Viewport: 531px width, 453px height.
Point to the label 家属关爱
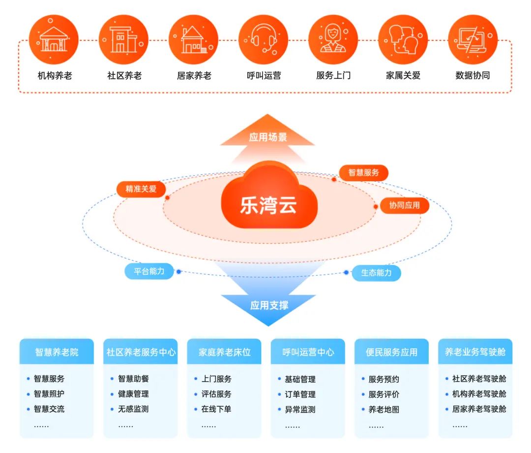pos(403,76)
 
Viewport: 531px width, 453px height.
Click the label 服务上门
pos(333,76)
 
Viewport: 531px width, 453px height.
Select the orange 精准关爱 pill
pos(141,189)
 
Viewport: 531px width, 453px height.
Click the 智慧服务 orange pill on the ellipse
pos(364,173)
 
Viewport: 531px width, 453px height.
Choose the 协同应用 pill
pos(405,205)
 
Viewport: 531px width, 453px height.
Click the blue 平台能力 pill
pos(149,271)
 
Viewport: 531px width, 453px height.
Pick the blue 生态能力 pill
pos(376,272)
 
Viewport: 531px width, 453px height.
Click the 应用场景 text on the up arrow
pos(267,137)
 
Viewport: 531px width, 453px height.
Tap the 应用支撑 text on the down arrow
pos(269,305)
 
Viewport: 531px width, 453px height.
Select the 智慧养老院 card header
pos(57,352)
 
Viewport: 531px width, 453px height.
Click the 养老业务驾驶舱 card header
pos(475,352)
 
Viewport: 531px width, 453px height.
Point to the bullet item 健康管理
pos(133,394)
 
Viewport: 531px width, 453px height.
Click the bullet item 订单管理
pos(300,394)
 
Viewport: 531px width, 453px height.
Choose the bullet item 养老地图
pos(383,409)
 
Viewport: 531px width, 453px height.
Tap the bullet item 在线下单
pos(216,409)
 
